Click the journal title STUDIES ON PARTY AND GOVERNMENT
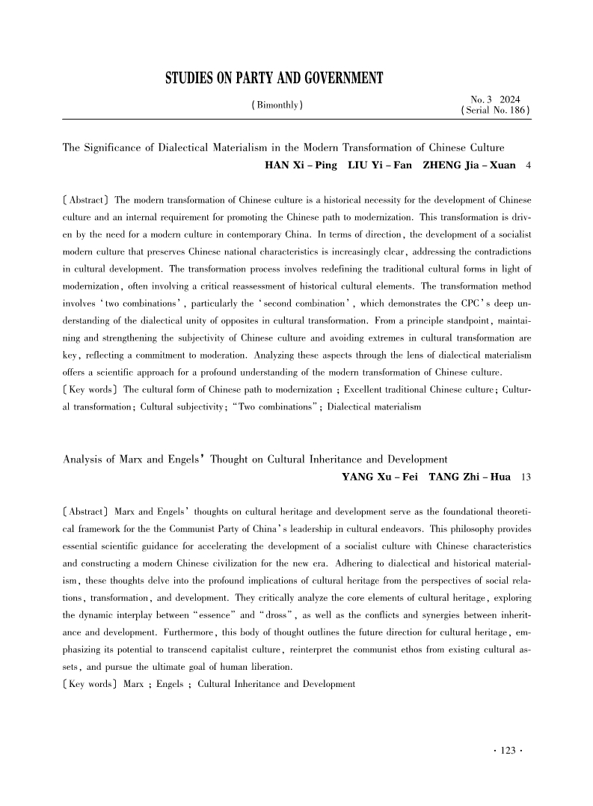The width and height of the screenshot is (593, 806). [x=273, y=78]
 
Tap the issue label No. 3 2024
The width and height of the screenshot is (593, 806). [x=495, y=99]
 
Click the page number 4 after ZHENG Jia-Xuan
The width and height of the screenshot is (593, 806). [x=529, y=165]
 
